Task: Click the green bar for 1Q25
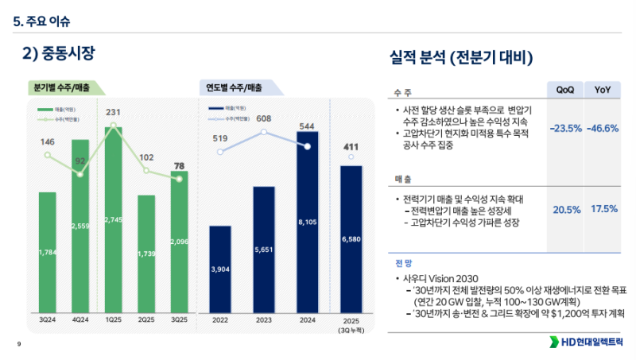point(113,215)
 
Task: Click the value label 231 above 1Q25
point(113,112)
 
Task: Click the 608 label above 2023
point(264,118)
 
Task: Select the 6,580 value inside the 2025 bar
point(351,238)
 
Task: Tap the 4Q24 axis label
point(80,319)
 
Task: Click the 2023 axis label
point(264,319)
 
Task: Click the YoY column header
point(603,89)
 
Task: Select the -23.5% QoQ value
point(566,128)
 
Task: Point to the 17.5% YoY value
point(603,208)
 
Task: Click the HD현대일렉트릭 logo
point(586,343)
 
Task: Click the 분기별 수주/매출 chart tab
point(61,88)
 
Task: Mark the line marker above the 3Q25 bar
point(180,179)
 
